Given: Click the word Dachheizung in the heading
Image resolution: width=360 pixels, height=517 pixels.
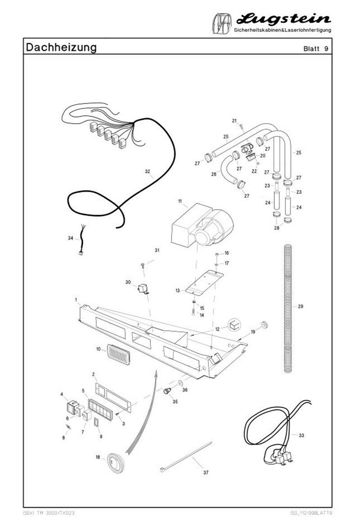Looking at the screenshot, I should coord(61,47).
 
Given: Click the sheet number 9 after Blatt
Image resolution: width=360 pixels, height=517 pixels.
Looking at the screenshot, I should coord(325,49).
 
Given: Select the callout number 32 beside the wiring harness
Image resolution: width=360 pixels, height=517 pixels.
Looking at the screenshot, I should coord(147,171).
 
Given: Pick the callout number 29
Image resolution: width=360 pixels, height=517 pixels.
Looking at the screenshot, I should coord(301,306).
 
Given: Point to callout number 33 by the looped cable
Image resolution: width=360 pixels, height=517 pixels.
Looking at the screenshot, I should coord(301,435).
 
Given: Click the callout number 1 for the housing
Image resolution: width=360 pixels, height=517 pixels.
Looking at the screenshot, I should coord(76,299).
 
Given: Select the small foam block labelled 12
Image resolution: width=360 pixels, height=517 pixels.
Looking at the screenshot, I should coord(234,325).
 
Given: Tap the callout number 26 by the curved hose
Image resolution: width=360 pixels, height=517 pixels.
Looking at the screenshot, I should coord(214,174).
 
